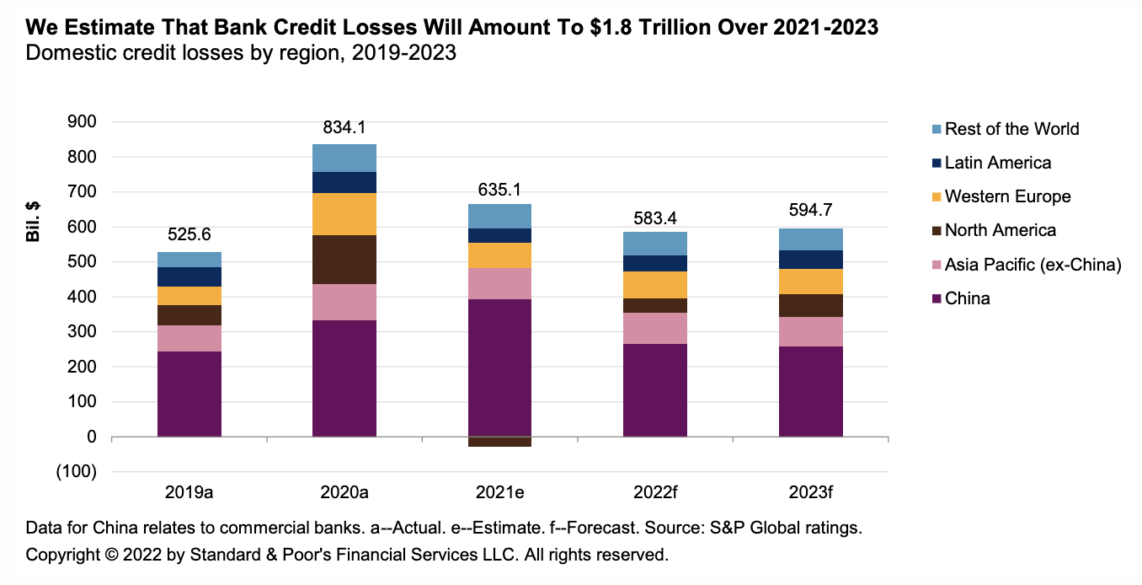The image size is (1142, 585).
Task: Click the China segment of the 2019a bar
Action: tap(189, 394)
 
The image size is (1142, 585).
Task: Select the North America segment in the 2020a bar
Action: tap(344, 260)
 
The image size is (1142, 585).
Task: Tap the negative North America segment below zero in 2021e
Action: tap(499, 442)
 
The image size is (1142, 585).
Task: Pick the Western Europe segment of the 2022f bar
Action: tap(655, 284)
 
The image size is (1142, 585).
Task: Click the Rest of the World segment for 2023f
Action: tap(810, 239)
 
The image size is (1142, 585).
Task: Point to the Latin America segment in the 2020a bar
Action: tap(344, 182)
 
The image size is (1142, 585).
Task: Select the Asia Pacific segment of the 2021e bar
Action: tap(499, 283)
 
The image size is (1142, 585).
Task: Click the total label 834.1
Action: tap(344, 127)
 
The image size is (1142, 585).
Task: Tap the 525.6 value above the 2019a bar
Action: tap(189, 235)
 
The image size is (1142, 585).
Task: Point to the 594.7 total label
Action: tap(810, 211)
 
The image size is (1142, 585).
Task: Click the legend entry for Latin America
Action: tap(998, 163)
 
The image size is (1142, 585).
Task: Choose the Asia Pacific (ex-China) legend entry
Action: tap(1033, 265)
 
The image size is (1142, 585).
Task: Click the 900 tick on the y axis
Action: tap(81, 121)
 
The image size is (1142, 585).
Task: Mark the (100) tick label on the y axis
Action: tap(76, 472)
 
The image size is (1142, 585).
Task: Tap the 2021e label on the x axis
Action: tap(499, 491)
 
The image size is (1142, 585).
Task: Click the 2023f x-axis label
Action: tap(810, 491)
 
